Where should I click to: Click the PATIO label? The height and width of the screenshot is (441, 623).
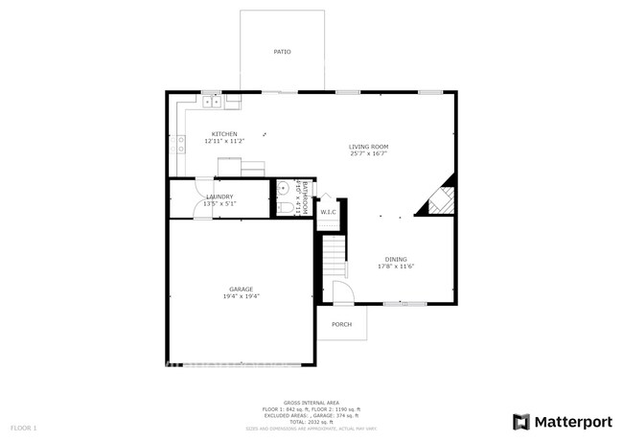pos(282,52)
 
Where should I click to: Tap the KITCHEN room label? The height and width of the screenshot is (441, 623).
pos(224,134)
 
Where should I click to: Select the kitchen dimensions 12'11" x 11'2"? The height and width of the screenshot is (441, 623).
pos(224,142)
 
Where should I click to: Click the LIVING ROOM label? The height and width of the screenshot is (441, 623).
pos(368,147)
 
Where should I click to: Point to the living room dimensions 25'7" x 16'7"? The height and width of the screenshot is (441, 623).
pos(368,154)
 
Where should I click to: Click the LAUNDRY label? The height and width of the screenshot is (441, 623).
pos(219,197)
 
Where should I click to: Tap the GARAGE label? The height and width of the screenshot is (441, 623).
pos(241,289)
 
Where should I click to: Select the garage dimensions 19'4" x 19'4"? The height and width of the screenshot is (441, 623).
pos(241,296)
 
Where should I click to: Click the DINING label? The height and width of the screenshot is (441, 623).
pos(396,260)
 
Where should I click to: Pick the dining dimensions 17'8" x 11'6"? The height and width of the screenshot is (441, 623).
pos(396,267)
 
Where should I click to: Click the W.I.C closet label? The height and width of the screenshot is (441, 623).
pos(326,212)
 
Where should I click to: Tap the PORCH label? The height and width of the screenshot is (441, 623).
pos(341,324)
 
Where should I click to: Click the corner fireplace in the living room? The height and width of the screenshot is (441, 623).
pos(439,200)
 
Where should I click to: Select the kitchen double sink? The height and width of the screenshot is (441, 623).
pos(212,100)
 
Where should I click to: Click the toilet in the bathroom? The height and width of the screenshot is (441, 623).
pos(284,207)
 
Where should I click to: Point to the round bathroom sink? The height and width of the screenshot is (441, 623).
pos(283,187)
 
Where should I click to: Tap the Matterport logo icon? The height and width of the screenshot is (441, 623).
pos(521,421)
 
